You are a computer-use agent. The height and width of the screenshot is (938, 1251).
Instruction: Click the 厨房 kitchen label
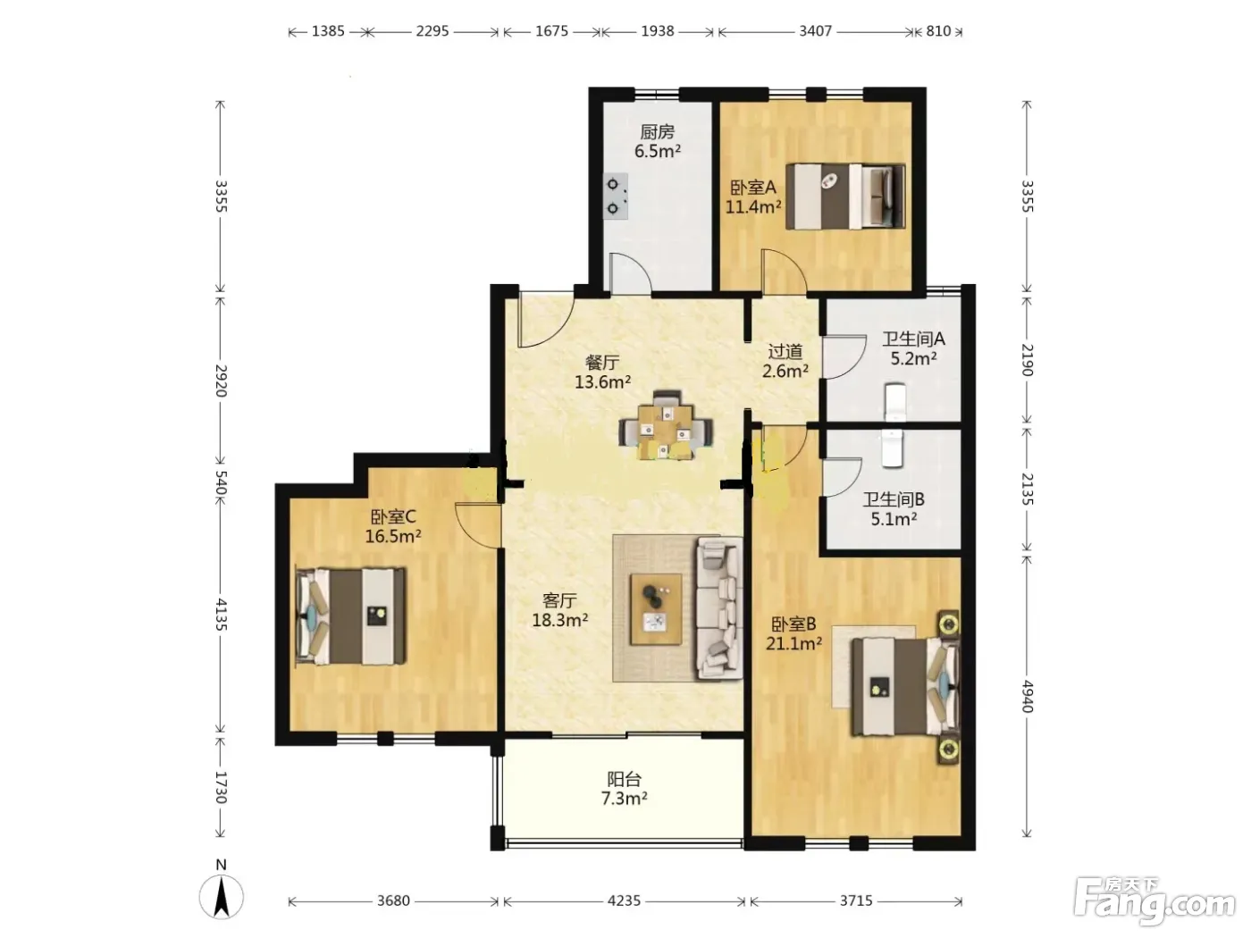click(657, 132)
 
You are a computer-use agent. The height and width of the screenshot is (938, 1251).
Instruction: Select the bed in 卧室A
click(844, 197)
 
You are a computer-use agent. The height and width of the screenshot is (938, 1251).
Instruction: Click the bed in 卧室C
click(351, 616)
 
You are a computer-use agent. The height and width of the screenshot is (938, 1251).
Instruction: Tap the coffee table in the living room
click(656, 609)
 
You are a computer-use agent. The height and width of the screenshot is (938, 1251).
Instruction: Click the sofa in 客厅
click(719, 609)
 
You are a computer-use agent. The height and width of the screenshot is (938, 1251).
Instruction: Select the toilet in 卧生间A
click(894, 402)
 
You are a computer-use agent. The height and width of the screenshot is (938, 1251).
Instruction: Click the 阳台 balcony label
click(624, 778)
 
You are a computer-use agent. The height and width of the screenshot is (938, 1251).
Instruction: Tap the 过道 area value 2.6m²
click(785, 372)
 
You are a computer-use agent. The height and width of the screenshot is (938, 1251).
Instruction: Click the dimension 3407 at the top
click(815, 30)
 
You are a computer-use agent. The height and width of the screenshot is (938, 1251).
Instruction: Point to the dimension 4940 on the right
click(1027, 696)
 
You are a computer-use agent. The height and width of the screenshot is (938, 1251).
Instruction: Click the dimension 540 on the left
click(221, 483)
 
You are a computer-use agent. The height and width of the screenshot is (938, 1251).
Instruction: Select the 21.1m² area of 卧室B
click(793, 643)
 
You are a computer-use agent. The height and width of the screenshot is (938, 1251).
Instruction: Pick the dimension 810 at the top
click(938, 30)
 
